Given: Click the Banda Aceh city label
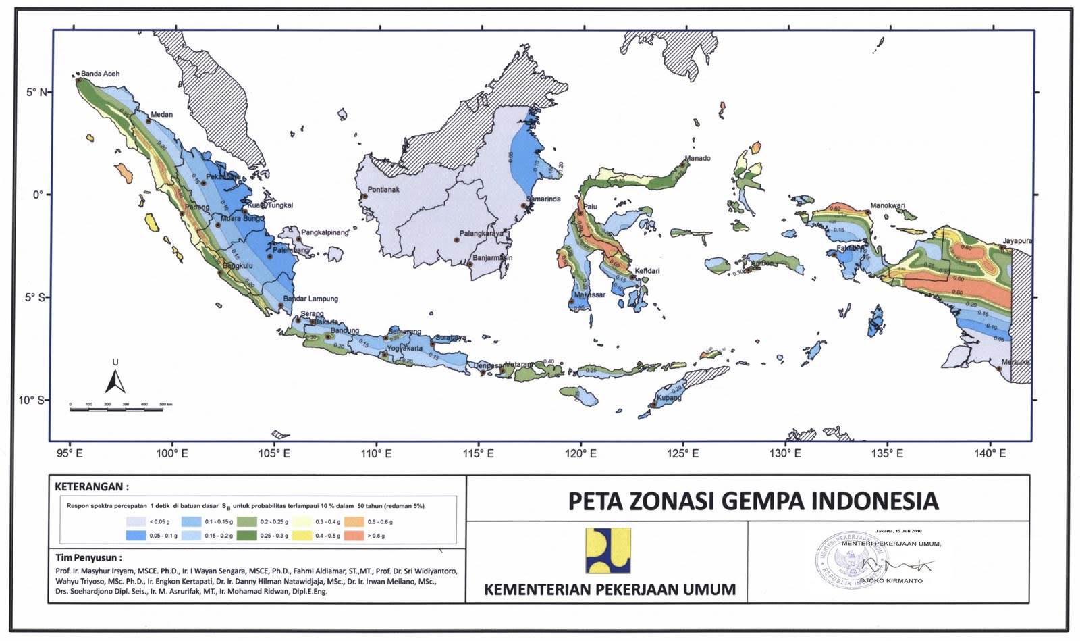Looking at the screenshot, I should (100, 74).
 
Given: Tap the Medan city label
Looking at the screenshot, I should (161, 115).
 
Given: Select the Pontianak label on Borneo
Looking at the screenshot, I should (383, 190).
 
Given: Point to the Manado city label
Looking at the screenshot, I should (698, 159).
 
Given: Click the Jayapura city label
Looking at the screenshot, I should (1017, 241).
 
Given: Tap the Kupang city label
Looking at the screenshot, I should (669, 398).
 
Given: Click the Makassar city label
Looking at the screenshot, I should (589, 295).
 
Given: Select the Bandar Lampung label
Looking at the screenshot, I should (310, 299).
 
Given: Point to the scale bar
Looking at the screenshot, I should (116, 408).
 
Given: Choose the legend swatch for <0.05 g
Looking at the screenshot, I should (136, 522).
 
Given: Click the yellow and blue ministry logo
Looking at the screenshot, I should (607, 550).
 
